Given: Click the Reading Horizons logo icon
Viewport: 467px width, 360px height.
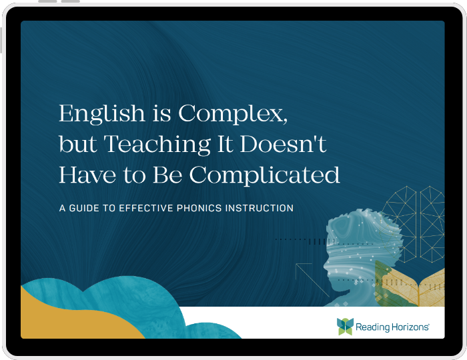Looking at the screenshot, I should (x=345, y=326).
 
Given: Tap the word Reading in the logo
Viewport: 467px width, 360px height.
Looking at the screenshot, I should (x=374, y=327).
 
